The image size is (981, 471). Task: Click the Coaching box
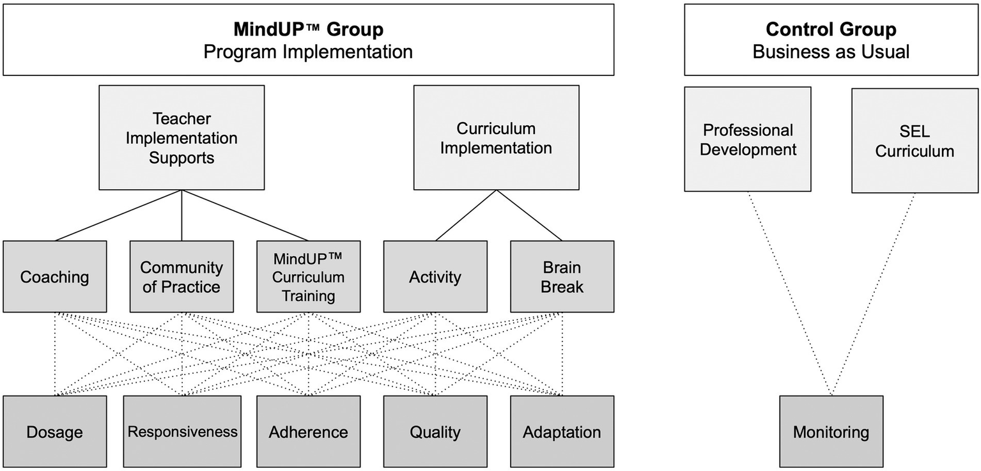(54, 277)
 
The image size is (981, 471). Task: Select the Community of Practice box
(182, 277)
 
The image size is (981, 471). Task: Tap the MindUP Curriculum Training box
(308, 277)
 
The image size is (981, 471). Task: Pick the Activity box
(435, 277)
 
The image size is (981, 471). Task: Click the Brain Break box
(562, 277)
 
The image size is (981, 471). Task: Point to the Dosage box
(54, 431)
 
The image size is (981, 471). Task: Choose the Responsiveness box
(182, 431)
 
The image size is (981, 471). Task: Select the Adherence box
(308, 431)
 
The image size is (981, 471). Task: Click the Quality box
(435, 431)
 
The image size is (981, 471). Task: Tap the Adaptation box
(562, 431)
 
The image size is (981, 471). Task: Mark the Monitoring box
(831, 431)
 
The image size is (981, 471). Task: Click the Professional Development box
(748, 139)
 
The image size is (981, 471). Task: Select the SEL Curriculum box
(915, 141)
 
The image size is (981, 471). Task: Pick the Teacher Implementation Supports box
(182, 137)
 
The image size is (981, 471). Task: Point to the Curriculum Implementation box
(496, 137)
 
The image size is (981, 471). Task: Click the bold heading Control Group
(831, 29)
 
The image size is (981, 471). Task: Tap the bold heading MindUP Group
(308, 29)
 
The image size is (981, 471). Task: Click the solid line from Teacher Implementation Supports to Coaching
(118, 215)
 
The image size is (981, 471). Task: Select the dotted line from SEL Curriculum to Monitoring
(873, 294)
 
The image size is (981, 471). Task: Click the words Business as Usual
(831, 52)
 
